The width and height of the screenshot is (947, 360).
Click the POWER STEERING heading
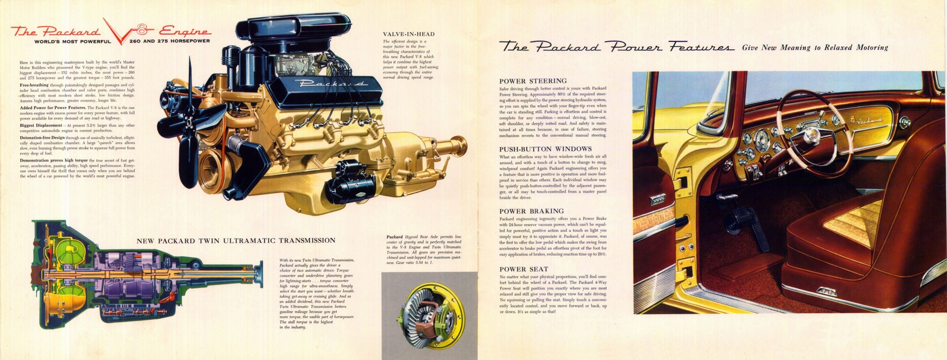tap(533, 81)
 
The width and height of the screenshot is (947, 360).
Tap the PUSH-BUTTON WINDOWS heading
tap(545, 149)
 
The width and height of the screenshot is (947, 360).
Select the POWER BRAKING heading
tap(532, 211)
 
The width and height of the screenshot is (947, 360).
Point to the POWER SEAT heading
tap(524, 269)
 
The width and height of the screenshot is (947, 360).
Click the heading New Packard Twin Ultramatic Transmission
tap(236, 240)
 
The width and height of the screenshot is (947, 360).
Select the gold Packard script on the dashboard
tap(867, 120)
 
